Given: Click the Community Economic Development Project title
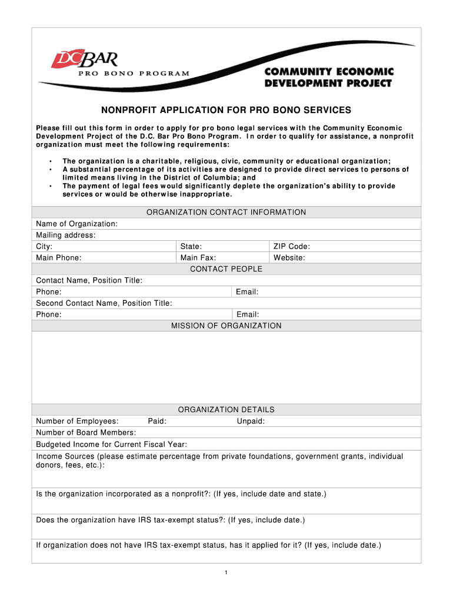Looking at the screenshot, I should click(328, 77).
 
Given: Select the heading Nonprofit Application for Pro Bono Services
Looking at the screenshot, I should click(226, 110).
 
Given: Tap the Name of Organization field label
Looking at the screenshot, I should click(76, 224).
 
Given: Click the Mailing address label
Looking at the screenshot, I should click(65, 235).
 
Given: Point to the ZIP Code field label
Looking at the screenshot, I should click(291, 247).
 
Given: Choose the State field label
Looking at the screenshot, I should click(191, 247).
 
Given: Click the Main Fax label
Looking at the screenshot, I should click(198, 258).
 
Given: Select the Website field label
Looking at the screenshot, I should click(289, 258).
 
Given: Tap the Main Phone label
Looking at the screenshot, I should click(59, 258).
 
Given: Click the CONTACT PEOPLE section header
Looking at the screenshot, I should click(226, 269).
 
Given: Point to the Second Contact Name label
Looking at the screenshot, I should click(104, 303).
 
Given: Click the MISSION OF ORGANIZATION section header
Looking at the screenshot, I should click(226, 326).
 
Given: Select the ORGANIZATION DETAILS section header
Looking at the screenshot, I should click(226, 410).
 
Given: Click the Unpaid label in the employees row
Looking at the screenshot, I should click(251, 421).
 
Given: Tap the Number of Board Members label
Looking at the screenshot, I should click(86, 433).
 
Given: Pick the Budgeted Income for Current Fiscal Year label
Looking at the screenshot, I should click(111, 445).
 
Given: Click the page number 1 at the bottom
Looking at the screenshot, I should click(226, 573).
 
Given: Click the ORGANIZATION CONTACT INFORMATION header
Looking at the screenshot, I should click(226, 212).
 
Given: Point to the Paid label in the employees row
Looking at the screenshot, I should click(157, 421).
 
